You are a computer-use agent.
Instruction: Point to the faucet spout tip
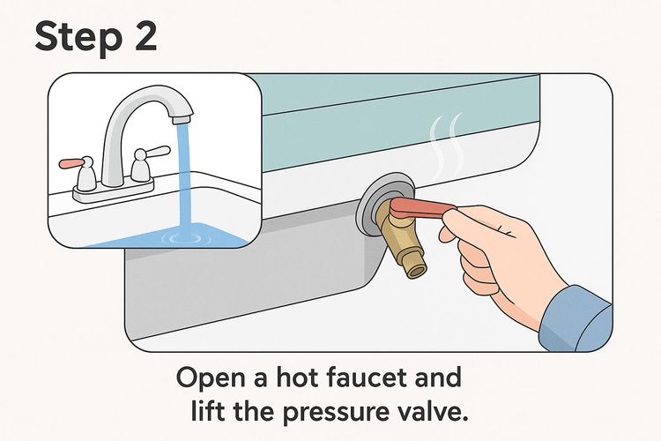coord(182,119)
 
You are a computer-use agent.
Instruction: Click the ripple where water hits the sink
coord(185,239)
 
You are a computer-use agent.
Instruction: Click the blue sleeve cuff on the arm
coord(576,319)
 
